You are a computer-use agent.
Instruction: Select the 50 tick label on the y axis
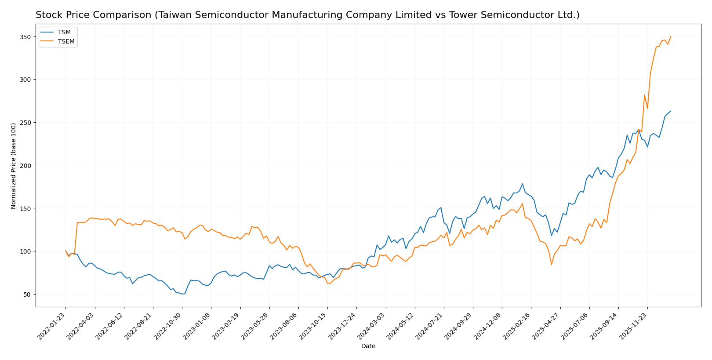(x=26, y=294)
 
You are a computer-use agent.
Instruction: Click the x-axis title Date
(x=368, y=346)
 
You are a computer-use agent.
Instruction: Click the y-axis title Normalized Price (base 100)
(x=14, y=166)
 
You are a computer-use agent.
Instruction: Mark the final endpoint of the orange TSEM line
(x=671, y=36)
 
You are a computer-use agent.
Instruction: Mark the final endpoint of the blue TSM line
(x=671, y=111)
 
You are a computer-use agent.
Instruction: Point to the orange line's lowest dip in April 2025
(x=551, y=264)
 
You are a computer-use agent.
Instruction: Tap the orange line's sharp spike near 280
(x=644, y=95)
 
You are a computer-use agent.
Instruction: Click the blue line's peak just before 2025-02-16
(x=522, y=184)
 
